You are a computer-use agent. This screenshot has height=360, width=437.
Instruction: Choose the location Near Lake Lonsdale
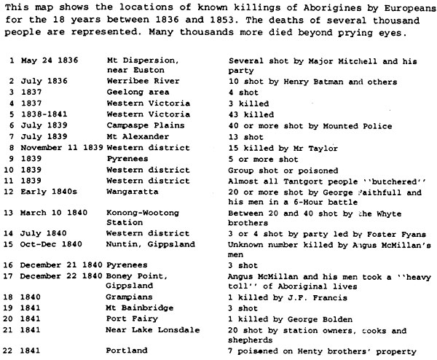151,340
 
